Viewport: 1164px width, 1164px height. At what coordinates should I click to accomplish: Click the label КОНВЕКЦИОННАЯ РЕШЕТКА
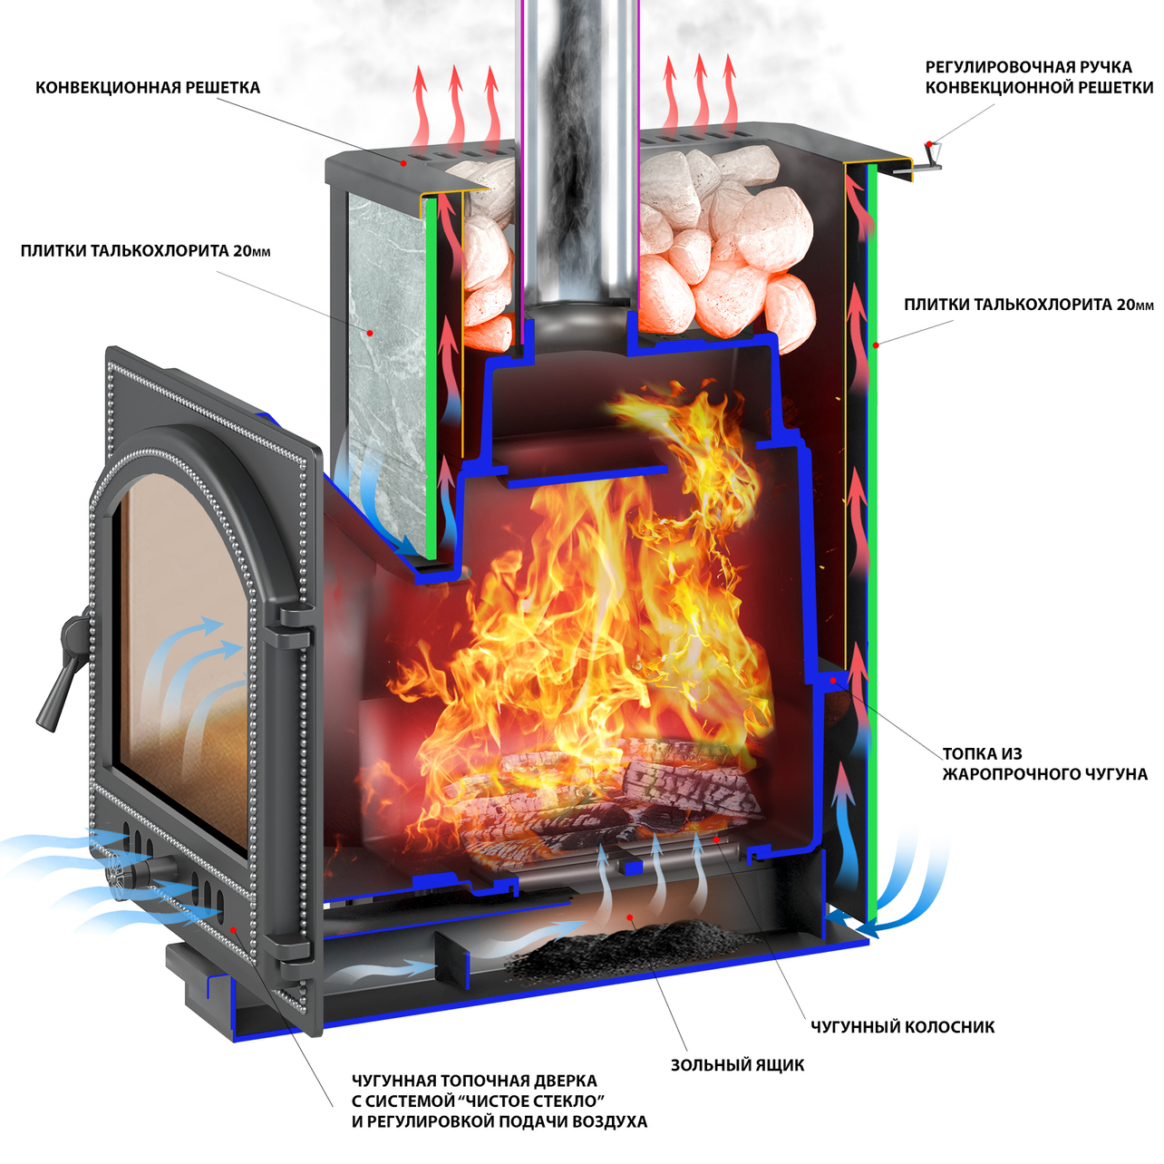[148, 88]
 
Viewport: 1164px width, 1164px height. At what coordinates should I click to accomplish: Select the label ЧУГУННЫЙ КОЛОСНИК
[902, 1027]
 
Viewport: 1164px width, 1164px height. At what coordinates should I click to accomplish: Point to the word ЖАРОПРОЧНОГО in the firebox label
[1002, 774]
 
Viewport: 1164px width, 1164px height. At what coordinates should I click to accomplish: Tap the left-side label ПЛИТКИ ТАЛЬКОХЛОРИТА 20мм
[146, 251]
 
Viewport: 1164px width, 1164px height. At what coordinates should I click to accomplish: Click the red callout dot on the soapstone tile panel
[370, 332]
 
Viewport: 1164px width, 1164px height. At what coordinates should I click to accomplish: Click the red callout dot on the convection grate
[403, 162]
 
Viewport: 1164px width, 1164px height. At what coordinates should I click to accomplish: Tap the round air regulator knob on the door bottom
[130, 875]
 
